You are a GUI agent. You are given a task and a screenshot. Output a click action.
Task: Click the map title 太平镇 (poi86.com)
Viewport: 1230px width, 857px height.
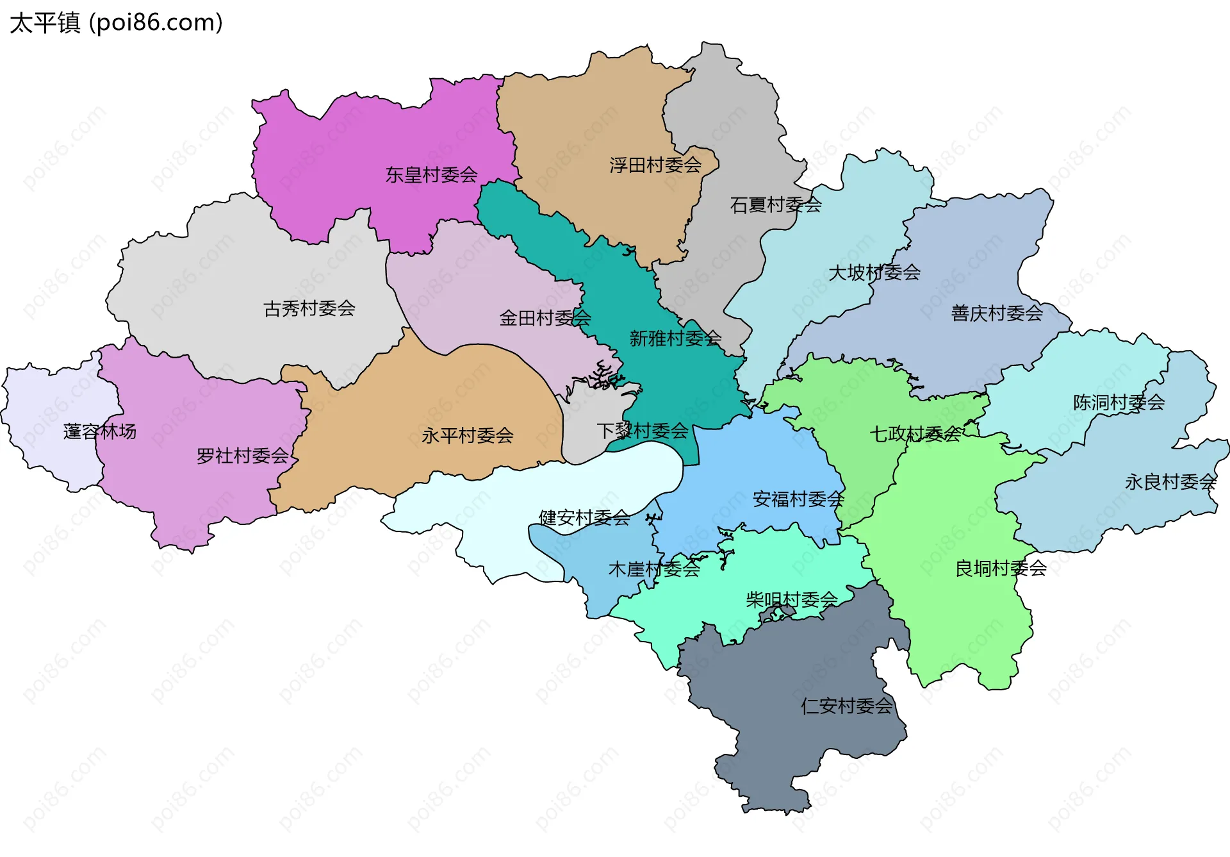[x=116, y=22]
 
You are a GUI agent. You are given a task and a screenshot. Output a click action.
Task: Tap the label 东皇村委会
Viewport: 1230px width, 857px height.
[x=431, y=174]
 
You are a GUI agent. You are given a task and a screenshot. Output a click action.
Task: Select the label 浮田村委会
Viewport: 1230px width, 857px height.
[x=655, y=165]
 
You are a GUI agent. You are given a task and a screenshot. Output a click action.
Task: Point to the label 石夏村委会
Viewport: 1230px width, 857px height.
[x=775, y=205]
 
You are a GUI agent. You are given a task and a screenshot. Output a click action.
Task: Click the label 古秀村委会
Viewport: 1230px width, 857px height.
[x=309, y=309]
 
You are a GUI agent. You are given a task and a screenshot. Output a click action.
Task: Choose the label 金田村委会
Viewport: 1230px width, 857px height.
[x=545, y=318]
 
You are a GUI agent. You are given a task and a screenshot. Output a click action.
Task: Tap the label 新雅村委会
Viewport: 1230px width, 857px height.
[x=675, y=338]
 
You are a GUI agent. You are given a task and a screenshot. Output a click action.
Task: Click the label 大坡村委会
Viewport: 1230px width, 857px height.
[x=874, y=273]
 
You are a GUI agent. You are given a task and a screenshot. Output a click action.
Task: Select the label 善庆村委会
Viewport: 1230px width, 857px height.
[x=997, y=313]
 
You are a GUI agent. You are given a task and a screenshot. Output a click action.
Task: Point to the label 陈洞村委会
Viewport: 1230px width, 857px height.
[x=1119, y=403]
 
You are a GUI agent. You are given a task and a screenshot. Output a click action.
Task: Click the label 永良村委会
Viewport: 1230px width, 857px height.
[x=1170, y=482]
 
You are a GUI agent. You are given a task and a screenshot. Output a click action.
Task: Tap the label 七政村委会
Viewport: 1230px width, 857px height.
[x=915, y=435]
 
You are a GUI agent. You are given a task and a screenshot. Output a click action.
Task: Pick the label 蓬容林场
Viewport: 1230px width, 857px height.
[x=100, y=431]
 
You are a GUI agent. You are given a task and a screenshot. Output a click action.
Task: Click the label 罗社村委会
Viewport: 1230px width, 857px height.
[x=242, y=456]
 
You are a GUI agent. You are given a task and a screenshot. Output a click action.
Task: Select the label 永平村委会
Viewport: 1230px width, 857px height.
[x=467, y=436]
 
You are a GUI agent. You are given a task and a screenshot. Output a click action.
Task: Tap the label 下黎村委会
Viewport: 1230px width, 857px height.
[x=642, y=431]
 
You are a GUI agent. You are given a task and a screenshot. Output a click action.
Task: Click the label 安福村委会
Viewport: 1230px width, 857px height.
[x=798, y=499]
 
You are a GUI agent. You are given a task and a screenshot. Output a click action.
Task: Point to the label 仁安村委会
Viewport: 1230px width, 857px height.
[x=846, y=706]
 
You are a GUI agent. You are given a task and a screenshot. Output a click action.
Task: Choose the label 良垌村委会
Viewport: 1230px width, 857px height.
[x=1001, y=569]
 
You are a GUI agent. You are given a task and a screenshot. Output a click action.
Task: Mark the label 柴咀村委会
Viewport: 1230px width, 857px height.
[x=792, y=600]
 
